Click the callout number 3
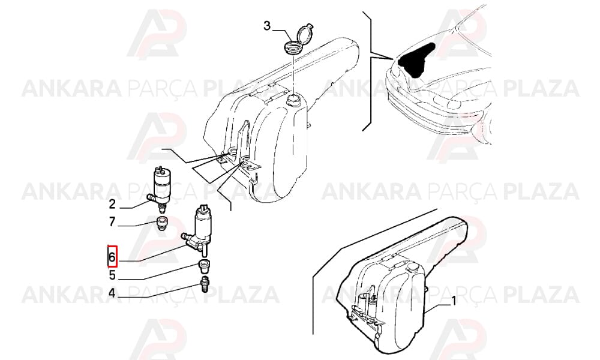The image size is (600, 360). tap(267, 26)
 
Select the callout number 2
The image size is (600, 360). tap(112, 204)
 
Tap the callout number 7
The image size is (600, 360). tap(112, 221)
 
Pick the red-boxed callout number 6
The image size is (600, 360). tap(112, 257)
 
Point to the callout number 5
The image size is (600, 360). tap(112, 275)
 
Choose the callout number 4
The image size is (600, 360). tap(112, 293)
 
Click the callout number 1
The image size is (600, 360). tap(454, 301)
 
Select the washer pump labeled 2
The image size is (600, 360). tap(160, 189)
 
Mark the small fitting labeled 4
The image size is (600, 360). tap(205, 283)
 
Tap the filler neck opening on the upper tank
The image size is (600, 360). tap(294, 100)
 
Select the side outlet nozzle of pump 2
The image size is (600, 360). tap(151, 198)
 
